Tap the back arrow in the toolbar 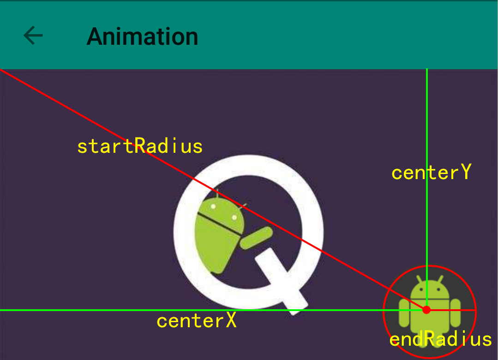(33, 36)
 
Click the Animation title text (142, 36)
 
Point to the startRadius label (140, 146)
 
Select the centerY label (431, 173)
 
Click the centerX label (197, 321)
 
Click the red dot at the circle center (427, 310)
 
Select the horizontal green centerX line (92, 310)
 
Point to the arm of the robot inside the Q (256, 238)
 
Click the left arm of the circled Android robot (404, 314)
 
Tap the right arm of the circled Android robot (456, 314)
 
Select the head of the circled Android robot (429, 289)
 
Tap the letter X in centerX (231, 320)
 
